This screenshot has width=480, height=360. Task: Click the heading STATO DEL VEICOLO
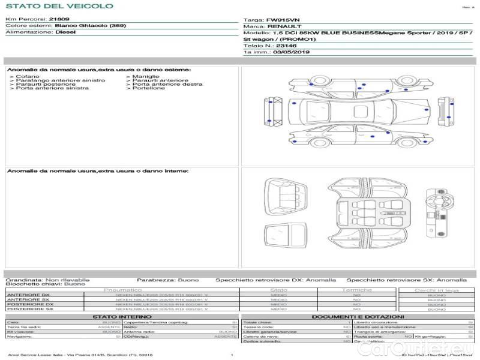[x=59, y=6]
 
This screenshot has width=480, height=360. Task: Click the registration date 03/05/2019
[x=291, y=52]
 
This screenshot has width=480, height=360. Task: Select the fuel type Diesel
[x=65, y=32]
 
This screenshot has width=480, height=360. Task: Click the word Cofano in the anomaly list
[x=28, y=77]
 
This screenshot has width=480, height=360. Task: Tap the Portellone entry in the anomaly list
[x=149, y=88]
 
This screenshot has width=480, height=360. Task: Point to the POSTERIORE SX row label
[x=29, y=309]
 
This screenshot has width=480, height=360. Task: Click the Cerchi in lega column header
[x=436, y=290]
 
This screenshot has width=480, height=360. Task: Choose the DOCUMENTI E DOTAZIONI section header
[x=358, y=317]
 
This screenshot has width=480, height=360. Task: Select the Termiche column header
[x=357, y=290]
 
